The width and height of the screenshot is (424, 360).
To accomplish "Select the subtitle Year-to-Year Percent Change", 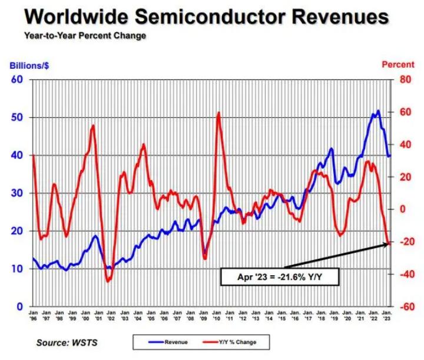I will [85, 36].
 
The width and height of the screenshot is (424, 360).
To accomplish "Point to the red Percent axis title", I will [398, 65].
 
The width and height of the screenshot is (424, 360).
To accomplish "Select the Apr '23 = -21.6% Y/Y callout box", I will [279, 276].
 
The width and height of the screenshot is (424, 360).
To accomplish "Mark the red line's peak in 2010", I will [218, 113].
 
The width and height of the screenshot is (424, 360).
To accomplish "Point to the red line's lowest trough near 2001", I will [108, 281].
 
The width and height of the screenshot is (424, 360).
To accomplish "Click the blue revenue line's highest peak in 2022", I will [377, 111].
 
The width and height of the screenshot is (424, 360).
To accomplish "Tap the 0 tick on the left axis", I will [20, 306].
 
